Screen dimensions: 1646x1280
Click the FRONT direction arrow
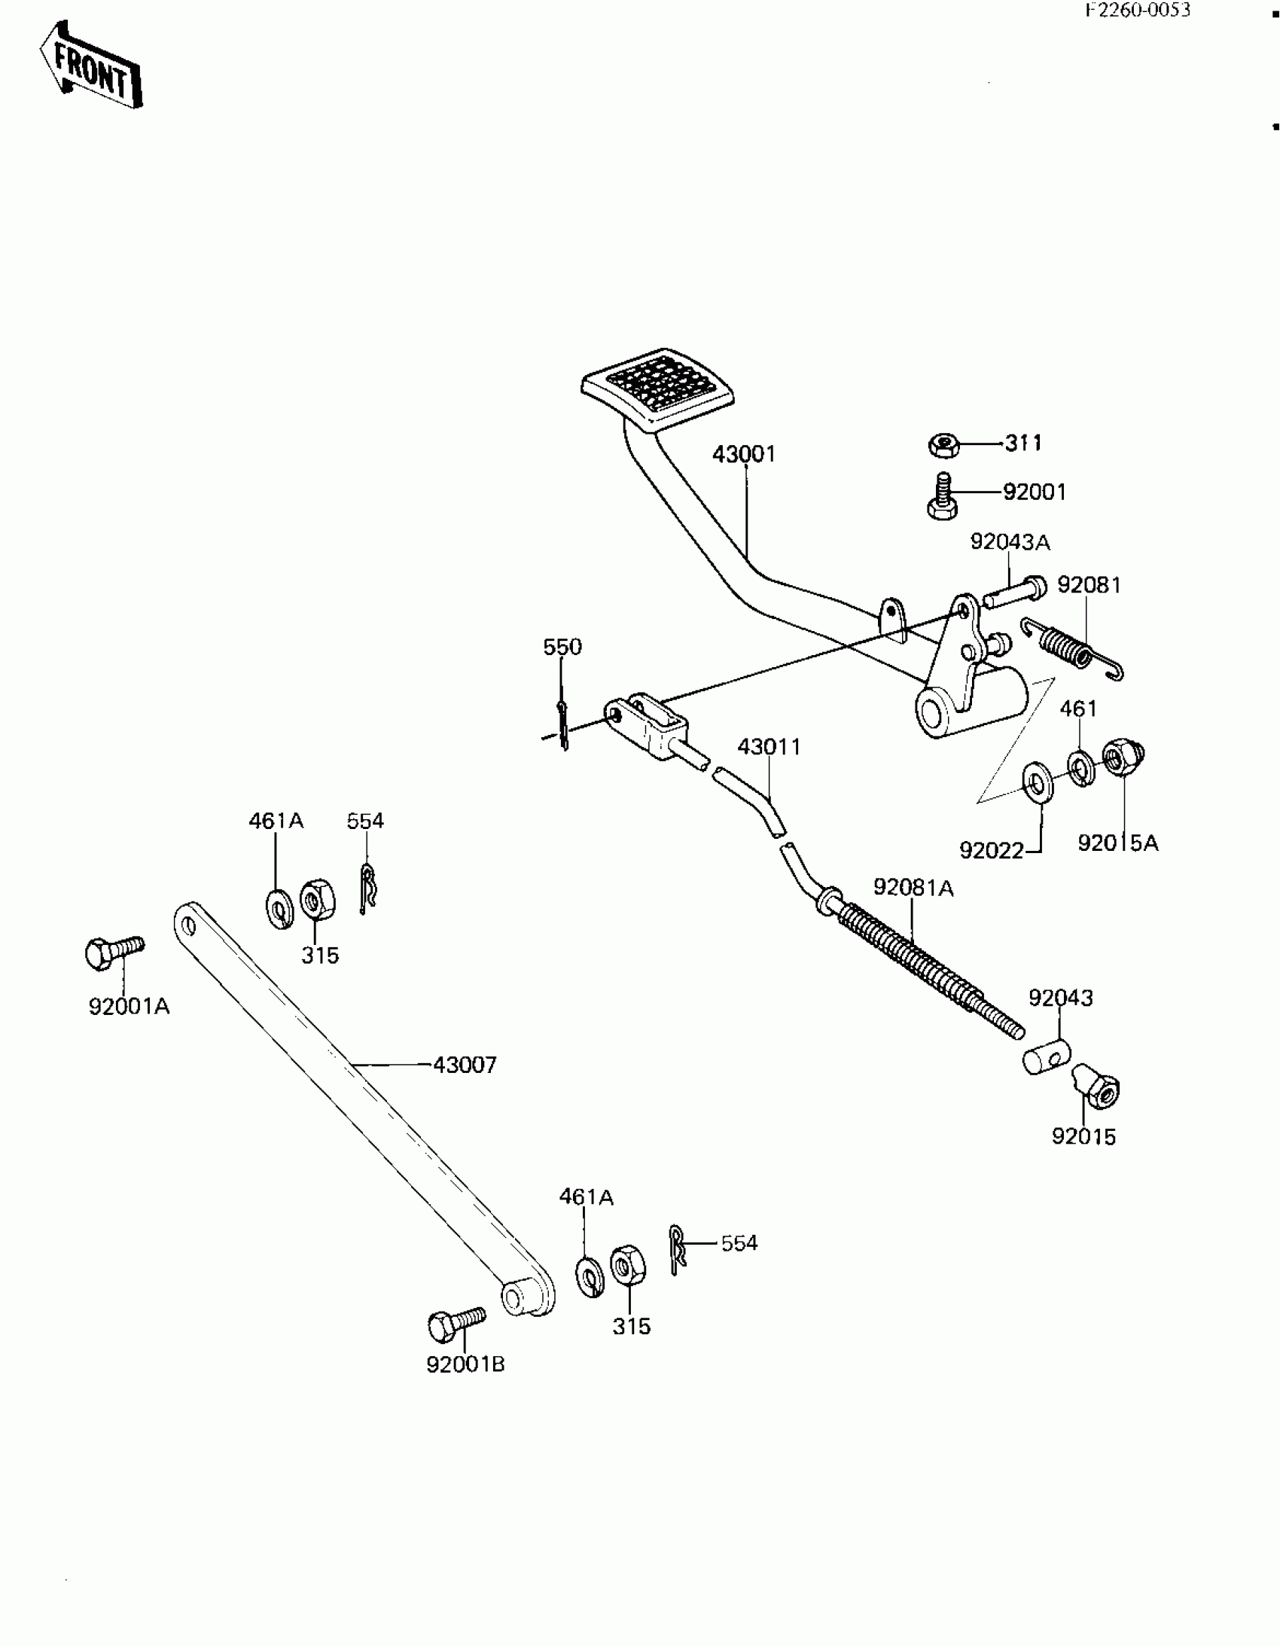coord(90,66)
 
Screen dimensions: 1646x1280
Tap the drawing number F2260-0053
coord(1138,10)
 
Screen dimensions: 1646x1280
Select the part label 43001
coord(744,455)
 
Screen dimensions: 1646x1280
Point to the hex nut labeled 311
coord(943,445)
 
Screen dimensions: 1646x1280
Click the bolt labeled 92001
coord(942,498)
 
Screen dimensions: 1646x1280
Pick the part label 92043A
coord(1010,542)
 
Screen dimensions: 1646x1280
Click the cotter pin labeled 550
coord(564,724)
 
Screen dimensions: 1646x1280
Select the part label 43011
coord(769,747)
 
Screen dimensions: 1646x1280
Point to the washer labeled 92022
coord(1038,784)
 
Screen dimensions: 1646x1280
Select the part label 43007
coord(465,1065)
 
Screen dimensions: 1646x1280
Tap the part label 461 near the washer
coord(1078,709)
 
